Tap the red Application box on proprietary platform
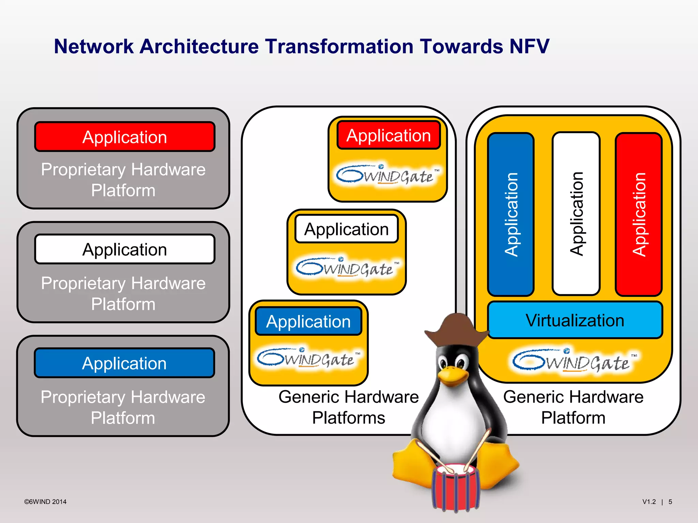click(125, 137)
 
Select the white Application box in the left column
click(125, 249)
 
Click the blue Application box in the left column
click(125, 363)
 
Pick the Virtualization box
click(575, 320)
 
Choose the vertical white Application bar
click(576, 214)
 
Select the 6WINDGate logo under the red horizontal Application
click(388, 175)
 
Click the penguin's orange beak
click(453, 376)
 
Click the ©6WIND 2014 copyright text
click(45, 502)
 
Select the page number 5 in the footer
click(670, 502)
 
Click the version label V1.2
click(649, 502)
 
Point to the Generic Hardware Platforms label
click(348, 407)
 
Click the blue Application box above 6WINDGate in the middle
click(308, 321)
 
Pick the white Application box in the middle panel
click(346, 229)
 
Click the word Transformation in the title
click(339, 46)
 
